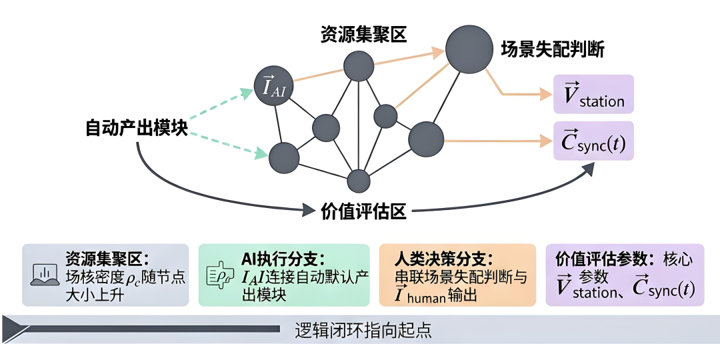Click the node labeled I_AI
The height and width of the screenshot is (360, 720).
pyautogui.click(x=274, y=86)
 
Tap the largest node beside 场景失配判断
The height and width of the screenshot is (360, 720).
pyautogui.click(x=465, y=49)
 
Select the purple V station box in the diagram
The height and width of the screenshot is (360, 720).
pyautogui.click(x=593, y=94)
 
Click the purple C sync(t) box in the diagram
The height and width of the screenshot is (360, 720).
pyautogui.click(x=593, y=141)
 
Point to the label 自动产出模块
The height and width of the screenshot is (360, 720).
pyautogui.click(x=137, y=127)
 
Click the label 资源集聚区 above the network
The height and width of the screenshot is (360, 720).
pyautogui.click(x=364, y=35)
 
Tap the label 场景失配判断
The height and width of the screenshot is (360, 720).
pyautogui.click(x=553, y=49)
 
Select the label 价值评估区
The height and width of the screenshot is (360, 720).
pyautogui.click(x=363, y=211)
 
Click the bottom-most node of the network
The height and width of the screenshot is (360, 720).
pyautogui.click(x=358, y=181)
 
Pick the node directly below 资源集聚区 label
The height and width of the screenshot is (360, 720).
pyautogui.click(x=359, y=66)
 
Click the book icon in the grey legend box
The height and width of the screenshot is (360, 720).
pyautogui.click(x=44, y=275)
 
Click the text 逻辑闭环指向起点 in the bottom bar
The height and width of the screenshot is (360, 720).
pyautogui.click(x=363, y=331)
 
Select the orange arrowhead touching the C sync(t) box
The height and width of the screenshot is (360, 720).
pyautogui.click(x=546, y=141)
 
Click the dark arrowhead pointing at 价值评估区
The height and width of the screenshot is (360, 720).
pyautogui.click(x=310, y=211)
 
